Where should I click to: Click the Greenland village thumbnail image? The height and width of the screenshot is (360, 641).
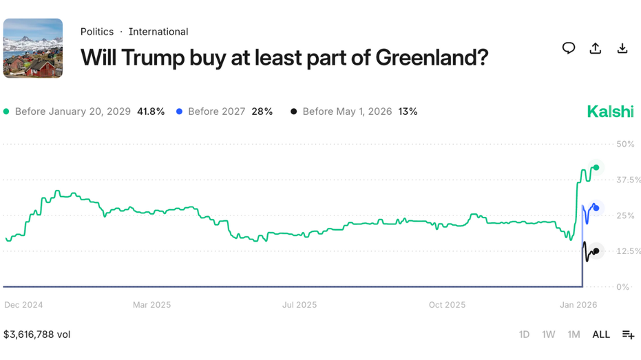[33, 48]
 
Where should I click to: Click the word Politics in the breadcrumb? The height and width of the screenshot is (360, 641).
[97, 32]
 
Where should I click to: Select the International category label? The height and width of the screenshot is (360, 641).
[158, 32]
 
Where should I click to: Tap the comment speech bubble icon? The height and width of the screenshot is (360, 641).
[569, 48]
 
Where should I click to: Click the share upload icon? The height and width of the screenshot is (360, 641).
[596, 48]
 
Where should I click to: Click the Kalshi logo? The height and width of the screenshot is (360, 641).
[610, 112]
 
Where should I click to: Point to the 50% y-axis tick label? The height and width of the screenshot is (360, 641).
[625, 144]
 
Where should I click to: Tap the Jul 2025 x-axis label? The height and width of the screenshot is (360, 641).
[300, 304]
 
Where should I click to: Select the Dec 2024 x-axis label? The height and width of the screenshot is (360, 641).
[23, 304]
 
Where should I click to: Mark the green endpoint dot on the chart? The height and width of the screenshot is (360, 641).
[596, 168]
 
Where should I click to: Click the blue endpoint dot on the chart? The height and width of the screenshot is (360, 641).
[596, 208]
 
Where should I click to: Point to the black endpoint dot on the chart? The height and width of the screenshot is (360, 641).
[596, 251]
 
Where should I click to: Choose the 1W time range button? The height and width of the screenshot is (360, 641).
[549, 335]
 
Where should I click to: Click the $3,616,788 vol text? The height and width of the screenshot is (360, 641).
[37, 335]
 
